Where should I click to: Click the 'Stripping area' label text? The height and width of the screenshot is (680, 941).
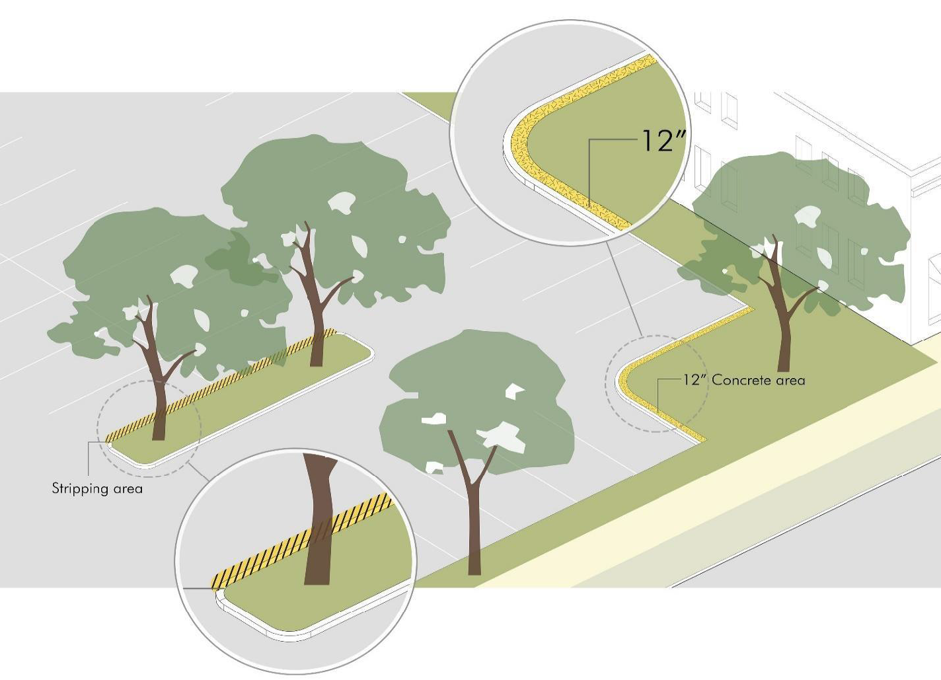(97, 488)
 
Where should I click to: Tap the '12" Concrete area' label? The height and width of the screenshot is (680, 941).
(744, 380)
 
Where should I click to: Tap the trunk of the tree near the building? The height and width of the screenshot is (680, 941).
(784, 330)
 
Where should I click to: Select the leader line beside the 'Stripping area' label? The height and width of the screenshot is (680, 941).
(88, 459)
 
